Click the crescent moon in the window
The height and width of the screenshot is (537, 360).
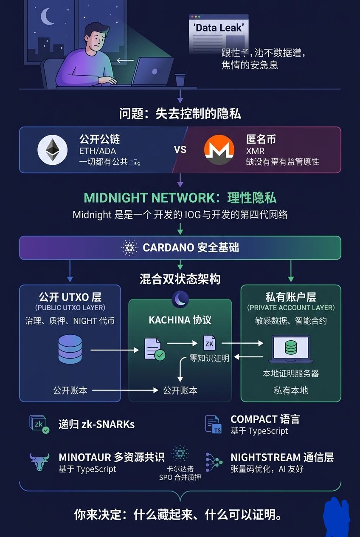[x=47, y=17]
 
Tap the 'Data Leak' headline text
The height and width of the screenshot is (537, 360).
[x=219, y=28]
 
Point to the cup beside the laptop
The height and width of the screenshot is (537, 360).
[x=180, y=79]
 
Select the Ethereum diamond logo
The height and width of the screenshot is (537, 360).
[x=53, y=150]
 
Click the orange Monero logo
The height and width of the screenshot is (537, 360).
[x=219, y=150]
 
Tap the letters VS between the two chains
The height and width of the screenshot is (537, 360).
[x=180, y=150]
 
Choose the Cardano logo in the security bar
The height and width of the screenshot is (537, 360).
[x=129, y=248]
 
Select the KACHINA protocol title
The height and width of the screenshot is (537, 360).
[x=180, y=320]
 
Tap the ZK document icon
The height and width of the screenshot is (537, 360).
[x=209, y=343]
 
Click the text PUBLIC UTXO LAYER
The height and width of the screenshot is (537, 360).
[x=70, y=308]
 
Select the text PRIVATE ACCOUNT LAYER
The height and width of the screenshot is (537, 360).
[x=291, y=308]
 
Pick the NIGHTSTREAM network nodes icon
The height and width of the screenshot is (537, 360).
[x=214, y=462]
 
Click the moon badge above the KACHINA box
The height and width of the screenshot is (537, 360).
[x=180, y=300]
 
